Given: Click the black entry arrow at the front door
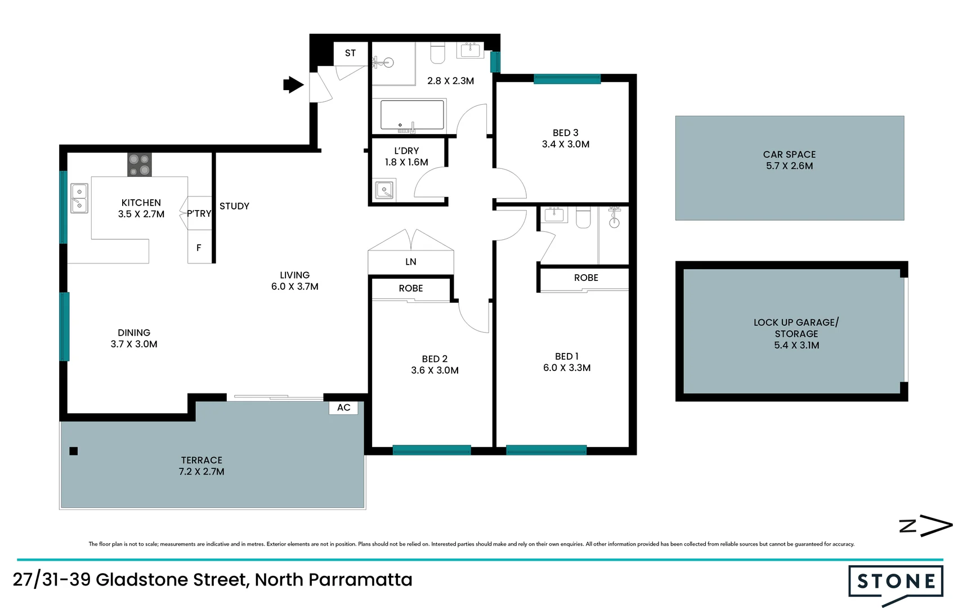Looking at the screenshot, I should point(293,85).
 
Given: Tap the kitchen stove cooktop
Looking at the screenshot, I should point(139,164).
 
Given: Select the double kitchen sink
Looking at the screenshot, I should point(79,198).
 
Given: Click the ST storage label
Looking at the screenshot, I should point(350,53).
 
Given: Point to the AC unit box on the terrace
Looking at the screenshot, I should point(343,408).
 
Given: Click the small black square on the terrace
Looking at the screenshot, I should point(73,451).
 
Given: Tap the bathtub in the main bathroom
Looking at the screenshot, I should point(412,115).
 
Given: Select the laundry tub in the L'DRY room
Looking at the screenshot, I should point(384,190).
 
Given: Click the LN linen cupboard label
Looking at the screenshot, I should point(411,262).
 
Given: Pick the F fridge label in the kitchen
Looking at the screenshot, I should point(199,248).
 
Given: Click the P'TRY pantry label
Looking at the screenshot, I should point(199,214).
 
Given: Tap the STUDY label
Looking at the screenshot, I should point(234,206).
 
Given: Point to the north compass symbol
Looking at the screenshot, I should point(925,526).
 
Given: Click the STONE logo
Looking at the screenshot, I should point(896,582).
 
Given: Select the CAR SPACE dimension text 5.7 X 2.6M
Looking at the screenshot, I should point(789,166).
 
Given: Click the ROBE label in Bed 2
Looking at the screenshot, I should point(411,288).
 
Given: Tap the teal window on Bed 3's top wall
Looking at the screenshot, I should point(567,79).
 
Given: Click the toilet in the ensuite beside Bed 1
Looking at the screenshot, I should point(583,217).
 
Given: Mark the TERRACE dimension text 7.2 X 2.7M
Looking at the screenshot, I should point(202,472).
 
